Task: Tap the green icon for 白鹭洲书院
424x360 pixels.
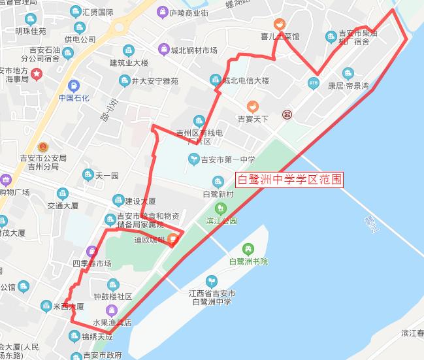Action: tap(248, 249)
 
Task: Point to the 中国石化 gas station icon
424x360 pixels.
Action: tap(74, 85)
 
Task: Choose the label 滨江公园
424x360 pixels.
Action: tap(221, 221)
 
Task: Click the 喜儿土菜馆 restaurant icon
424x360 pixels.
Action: tap(279, 24)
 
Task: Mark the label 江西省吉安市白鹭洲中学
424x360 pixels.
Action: tap(213, 297)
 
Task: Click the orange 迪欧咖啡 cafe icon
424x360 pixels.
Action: tap(172, 239)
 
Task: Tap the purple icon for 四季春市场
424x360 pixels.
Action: tap(91, 252)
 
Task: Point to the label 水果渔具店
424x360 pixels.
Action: tap(112, 323)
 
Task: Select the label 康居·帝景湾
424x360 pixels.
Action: tap(348, 86)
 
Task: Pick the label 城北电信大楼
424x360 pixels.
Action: tap(246, 81)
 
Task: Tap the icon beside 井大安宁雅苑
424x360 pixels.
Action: tap(124, 81)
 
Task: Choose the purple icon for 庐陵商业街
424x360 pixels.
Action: tap(161, 12)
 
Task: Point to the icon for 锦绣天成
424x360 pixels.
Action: tap(73, 336)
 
